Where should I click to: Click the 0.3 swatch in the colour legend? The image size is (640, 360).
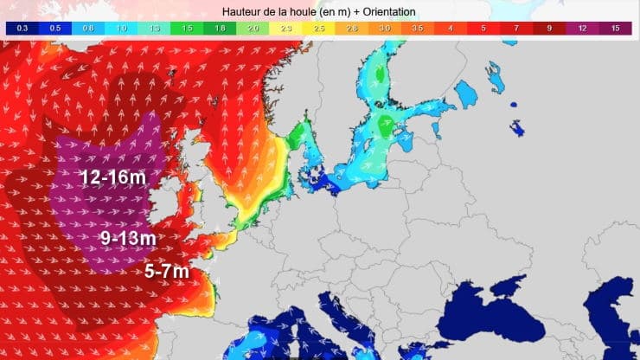[x=21, y=29]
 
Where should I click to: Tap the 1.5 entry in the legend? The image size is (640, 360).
[x=187, y=29]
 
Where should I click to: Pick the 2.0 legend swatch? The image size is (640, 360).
[x=253, y=29]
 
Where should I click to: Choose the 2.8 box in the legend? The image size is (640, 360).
[x=353, y=29]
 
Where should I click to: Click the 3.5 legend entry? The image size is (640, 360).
[x=419, y=29]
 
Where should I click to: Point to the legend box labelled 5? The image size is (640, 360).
[x=483, y=29]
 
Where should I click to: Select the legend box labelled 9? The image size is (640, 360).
[x=549, y=29]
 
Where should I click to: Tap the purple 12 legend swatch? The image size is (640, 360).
[x=582, y=29]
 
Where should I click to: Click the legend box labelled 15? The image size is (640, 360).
[x=615, y=29]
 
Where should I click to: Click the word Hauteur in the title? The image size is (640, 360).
[x=242, y=12]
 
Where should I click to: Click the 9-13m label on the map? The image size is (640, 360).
[x=125, y=237]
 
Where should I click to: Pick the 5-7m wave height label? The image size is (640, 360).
[x=167, y=271]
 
